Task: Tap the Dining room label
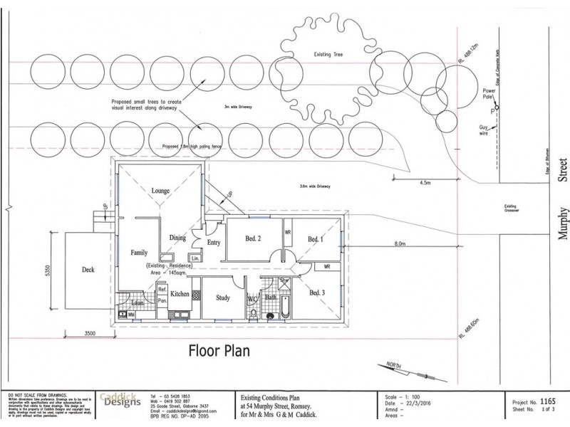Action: coord(178,238)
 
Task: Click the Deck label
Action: coord(88,270)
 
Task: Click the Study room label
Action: coord(222,300)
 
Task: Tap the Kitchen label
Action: coord(180,294)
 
